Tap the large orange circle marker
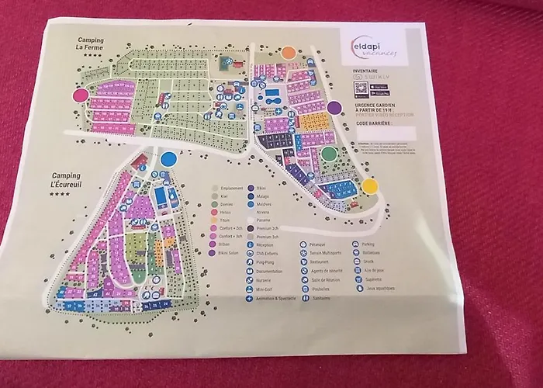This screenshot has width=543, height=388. tap(289, 53)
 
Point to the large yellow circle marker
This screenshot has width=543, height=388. tap(370, 186)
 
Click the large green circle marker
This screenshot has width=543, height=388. tap(330, 154)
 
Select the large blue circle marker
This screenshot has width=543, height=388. tap(169, 159)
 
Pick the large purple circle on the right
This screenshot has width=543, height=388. tap(334, 108)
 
